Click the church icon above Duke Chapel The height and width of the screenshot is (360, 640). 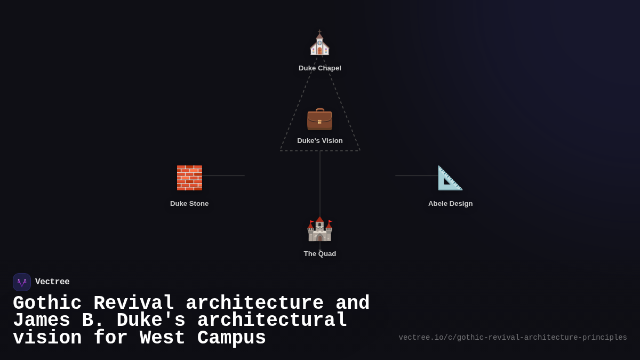[x=319, y=43]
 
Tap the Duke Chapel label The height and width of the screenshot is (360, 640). [x=319, y=68]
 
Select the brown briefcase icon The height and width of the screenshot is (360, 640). [x=319, y=119]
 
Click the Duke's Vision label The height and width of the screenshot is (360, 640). [x=319, y=141]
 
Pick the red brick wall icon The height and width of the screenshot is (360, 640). [x=189, y=178]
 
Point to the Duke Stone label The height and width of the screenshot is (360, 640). [x=189, y=204]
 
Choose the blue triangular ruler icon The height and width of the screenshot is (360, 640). [x=450, y=178]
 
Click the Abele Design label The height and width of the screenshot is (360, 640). [x=450, y=204]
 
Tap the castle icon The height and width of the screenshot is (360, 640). [x=319, y=229]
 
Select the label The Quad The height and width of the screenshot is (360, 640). [x=319, y=254]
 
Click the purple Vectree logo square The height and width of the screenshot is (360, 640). [x=22, y=282]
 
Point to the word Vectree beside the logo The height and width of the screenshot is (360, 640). [x=52, y=282]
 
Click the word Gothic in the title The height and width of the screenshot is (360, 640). [x=47, y=303]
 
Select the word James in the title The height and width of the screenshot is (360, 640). [x=42, y=320]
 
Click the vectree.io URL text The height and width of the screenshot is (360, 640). [x=513, y=338]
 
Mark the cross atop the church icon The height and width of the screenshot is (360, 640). [x=319, y=31]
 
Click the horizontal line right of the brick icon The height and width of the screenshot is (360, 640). [x=223, y=175]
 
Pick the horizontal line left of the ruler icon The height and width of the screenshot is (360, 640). [x=417, y=175]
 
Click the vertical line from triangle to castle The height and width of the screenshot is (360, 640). [x=320, y=183]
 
